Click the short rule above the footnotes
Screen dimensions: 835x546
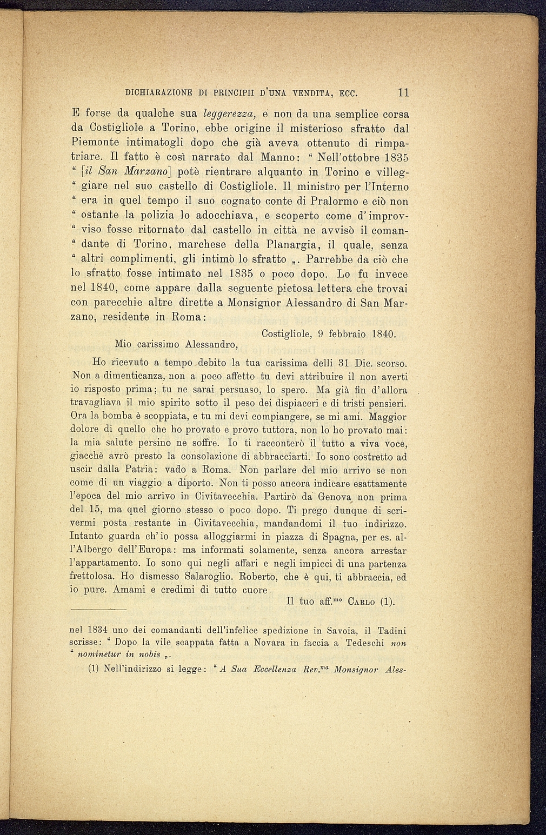coord(98,610)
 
